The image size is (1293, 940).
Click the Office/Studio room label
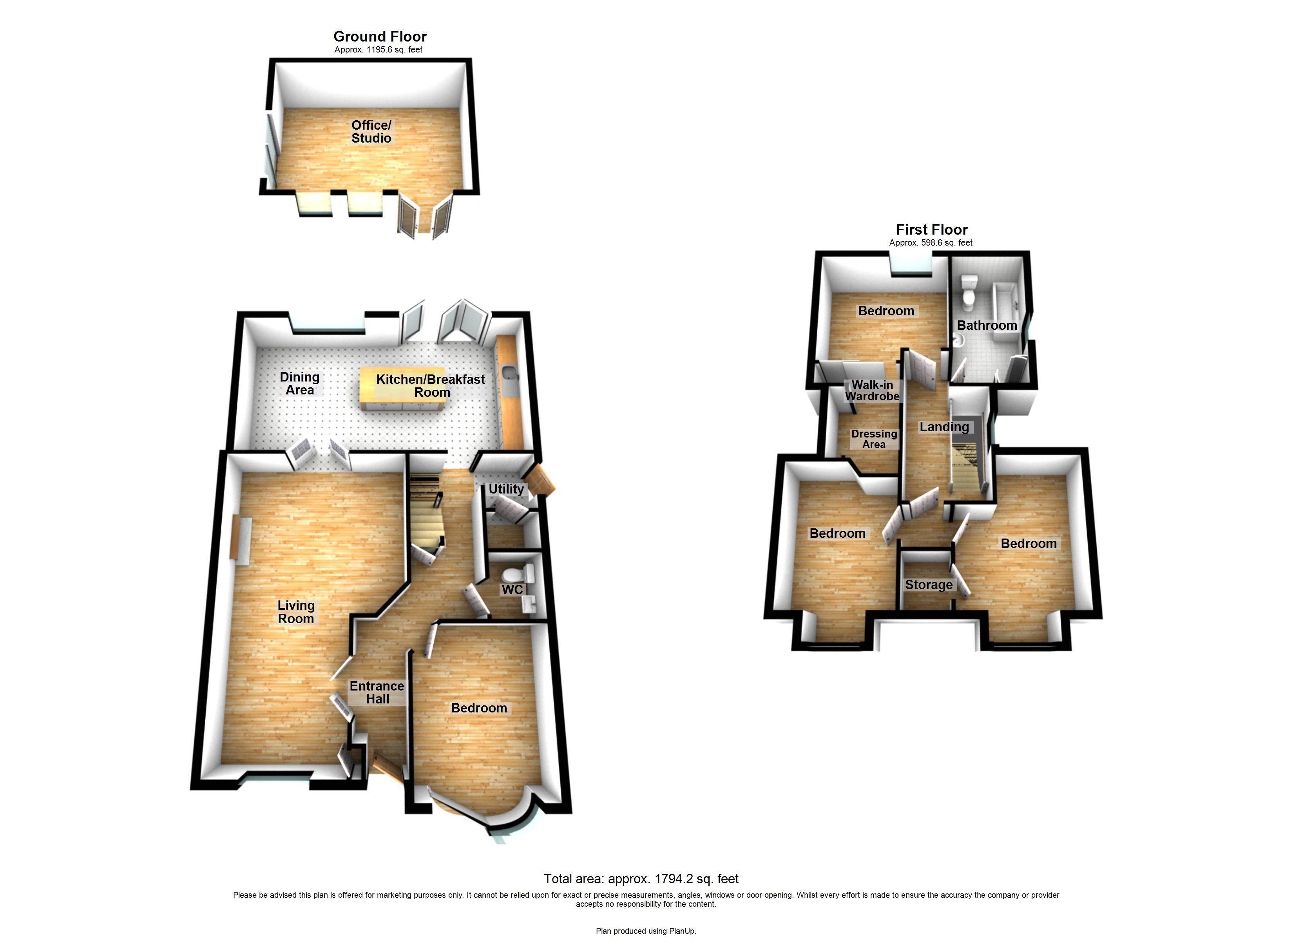(x=371, y=132)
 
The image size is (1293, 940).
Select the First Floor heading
(x=932, y=230)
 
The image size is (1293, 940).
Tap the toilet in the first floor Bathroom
(x=969, y=291)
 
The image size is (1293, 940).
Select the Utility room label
(x=506, y=489)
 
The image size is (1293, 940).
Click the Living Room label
(x=296, y=612)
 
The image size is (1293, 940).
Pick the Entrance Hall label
(x=377, y=692)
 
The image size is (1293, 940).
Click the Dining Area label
(x=299, y=384)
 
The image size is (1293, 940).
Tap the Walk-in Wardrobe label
(x=872, y=390)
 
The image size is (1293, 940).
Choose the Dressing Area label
(x=874, y=439)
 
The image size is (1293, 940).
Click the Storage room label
(x=929, y=585)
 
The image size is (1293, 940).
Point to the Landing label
(x=944, y=427)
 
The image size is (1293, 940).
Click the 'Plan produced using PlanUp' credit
(x=646, y=931)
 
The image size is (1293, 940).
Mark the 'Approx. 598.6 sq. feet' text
(x=931, y=243)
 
